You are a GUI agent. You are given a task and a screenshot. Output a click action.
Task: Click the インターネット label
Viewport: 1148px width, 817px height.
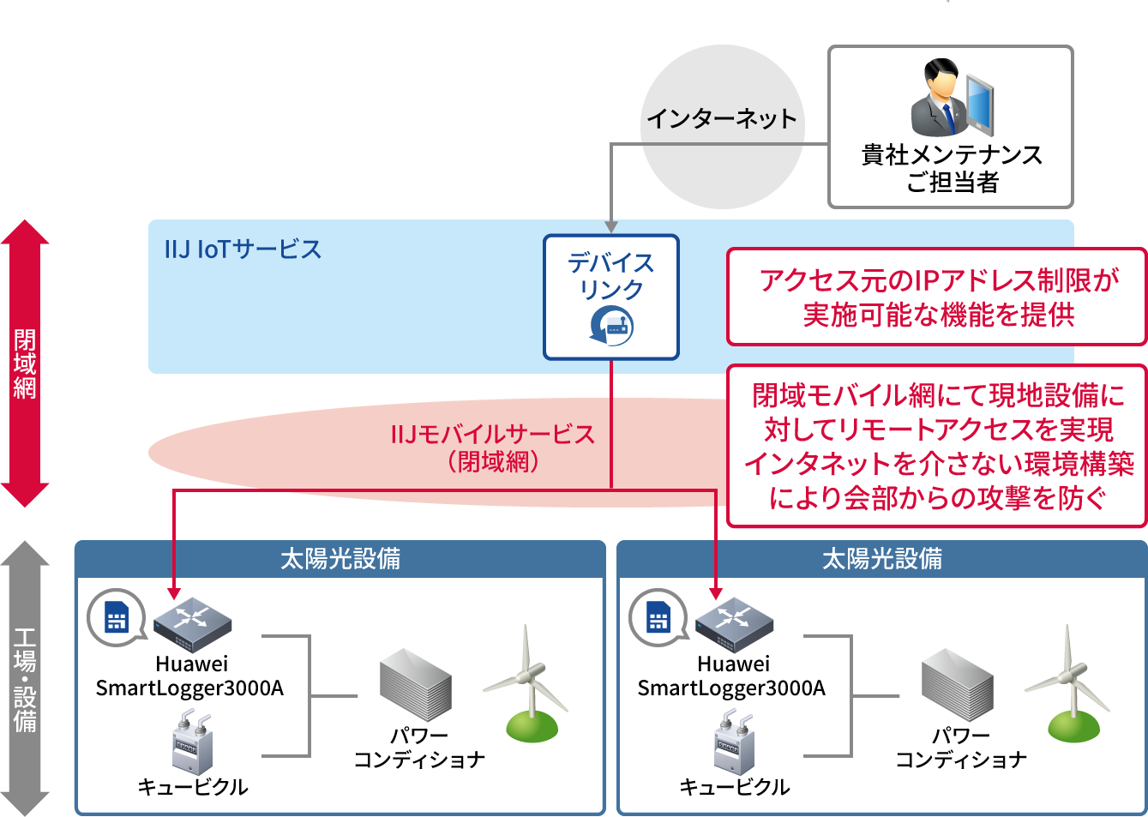click(x=721, y=118)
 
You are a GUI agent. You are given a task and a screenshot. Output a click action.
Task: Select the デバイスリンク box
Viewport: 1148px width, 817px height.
click(x=610, y=297)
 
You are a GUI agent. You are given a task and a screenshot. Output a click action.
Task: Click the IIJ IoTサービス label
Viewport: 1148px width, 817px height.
click(x=243, y=249)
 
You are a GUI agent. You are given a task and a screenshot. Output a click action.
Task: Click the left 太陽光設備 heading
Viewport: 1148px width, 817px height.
click(x=340, y=559)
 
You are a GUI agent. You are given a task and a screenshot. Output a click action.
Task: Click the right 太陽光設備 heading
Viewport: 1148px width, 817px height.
click(x=882, y=559)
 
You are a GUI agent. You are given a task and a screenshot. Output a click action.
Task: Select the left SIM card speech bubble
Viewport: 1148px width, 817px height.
click(x=116, y=617)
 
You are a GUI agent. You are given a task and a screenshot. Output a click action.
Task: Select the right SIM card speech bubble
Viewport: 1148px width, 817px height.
click(x=658, y=617)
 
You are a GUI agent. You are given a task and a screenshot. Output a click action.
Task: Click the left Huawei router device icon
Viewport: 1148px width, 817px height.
click(x=193, y=624)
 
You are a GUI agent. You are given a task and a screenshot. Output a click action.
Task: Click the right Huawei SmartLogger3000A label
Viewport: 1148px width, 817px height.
click(x=731, y=676)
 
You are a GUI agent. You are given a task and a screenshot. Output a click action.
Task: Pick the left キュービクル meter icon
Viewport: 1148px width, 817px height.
click(x=193, y=743)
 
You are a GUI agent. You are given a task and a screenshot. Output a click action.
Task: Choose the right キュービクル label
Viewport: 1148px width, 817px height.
click(x=734, y=787)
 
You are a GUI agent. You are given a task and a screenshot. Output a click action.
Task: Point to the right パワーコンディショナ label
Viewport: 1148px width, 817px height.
click(x=960, y=748)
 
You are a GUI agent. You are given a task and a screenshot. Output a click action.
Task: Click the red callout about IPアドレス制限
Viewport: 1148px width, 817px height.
click(x=937, y=297)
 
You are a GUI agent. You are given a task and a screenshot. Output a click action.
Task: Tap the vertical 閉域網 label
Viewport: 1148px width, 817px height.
click(x=25, y=363)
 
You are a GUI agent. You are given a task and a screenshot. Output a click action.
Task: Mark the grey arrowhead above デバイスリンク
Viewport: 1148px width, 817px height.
click(x=610, y=226)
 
